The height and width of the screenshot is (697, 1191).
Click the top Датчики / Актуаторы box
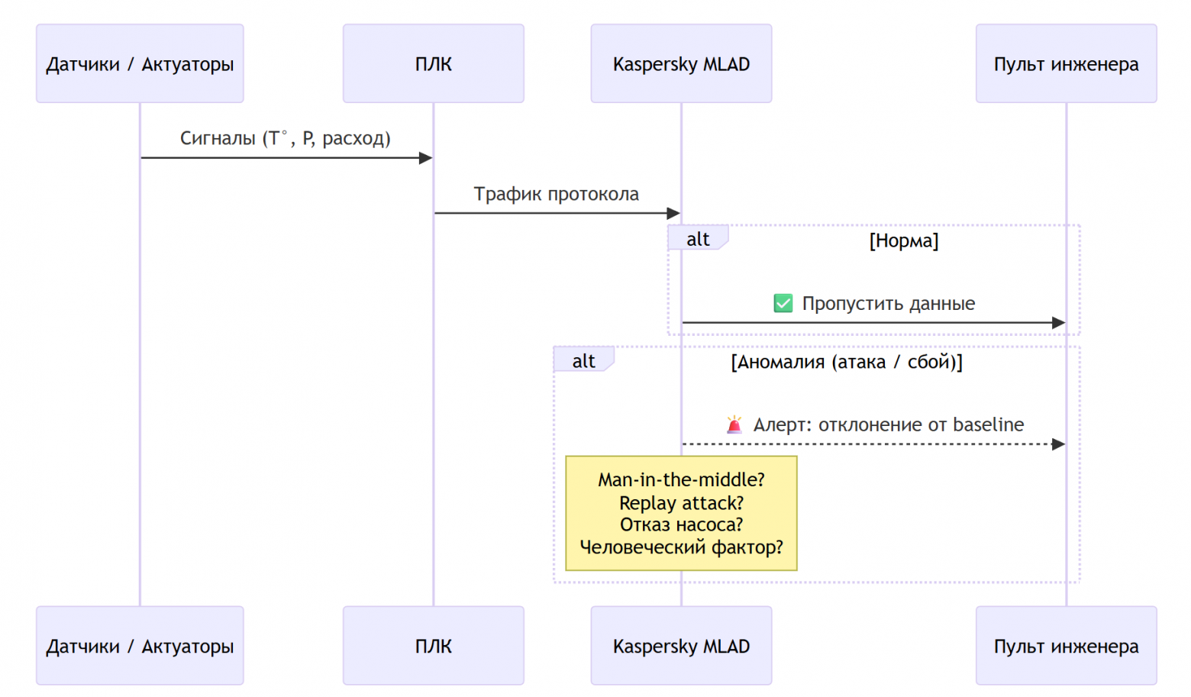coord(140,63)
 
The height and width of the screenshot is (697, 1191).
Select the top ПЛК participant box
coord(433,63)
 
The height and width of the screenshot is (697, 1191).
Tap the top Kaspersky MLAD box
coord(681,63)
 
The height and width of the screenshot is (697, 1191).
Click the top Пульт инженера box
coord(1066,63)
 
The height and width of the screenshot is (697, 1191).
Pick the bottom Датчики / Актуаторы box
coord(140,646)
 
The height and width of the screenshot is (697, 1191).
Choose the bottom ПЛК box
coord(433,646)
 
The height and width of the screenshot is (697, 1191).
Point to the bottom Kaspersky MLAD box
coord(681,646)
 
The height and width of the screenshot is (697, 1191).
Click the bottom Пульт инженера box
coord(1066,646)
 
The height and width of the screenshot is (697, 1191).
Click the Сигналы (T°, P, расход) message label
coord(285,138)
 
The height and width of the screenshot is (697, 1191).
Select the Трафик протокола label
coord(556,194)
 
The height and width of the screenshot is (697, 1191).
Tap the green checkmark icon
coord(783,303)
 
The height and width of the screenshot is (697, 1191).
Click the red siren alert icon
coord(734,424)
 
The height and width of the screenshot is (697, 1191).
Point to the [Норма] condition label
coord(903,240)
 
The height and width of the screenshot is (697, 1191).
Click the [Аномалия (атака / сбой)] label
coord(846,362)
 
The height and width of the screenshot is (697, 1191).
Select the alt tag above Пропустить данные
coord(697,239)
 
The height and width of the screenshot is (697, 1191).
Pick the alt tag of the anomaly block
coord(583,361)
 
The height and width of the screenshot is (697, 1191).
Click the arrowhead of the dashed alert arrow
coord(1058,444)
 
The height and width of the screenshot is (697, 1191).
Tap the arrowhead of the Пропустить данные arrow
coord(1058,323)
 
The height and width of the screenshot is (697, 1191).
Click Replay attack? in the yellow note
coord(681,503)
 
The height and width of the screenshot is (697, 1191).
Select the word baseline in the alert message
coord(988,424)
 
